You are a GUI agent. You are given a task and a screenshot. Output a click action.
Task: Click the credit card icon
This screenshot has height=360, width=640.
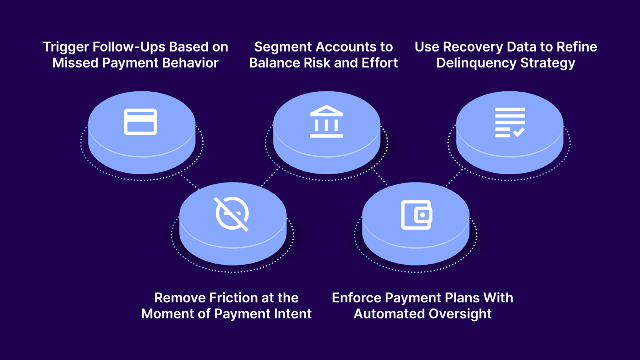140,122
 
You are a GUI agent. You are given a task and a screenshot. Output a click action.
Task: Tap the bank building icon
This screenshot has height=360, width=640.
326,122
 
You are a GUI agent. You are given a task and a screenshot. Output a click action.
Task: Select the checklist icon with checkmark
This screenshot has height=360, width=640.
510,122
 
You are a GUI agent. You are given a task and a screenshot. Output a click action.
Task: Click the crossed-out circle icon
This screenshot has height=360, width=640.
232,214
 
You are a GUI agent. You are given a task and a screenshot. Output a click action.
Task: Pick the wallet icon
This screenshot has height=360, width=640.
416,215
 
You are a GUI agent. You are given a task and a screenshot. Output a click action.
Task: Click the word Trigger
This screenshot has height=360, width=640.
66,47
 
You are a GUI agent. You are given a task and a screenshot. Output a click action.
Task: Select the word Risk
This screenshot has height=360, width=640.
317,63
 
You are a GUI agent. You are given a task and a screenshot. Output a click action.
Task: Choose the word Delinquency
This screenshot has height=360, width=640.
476,63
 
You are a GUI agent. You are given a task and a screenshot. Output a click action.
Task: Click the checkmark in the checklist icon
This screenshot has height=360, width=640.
519,132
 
